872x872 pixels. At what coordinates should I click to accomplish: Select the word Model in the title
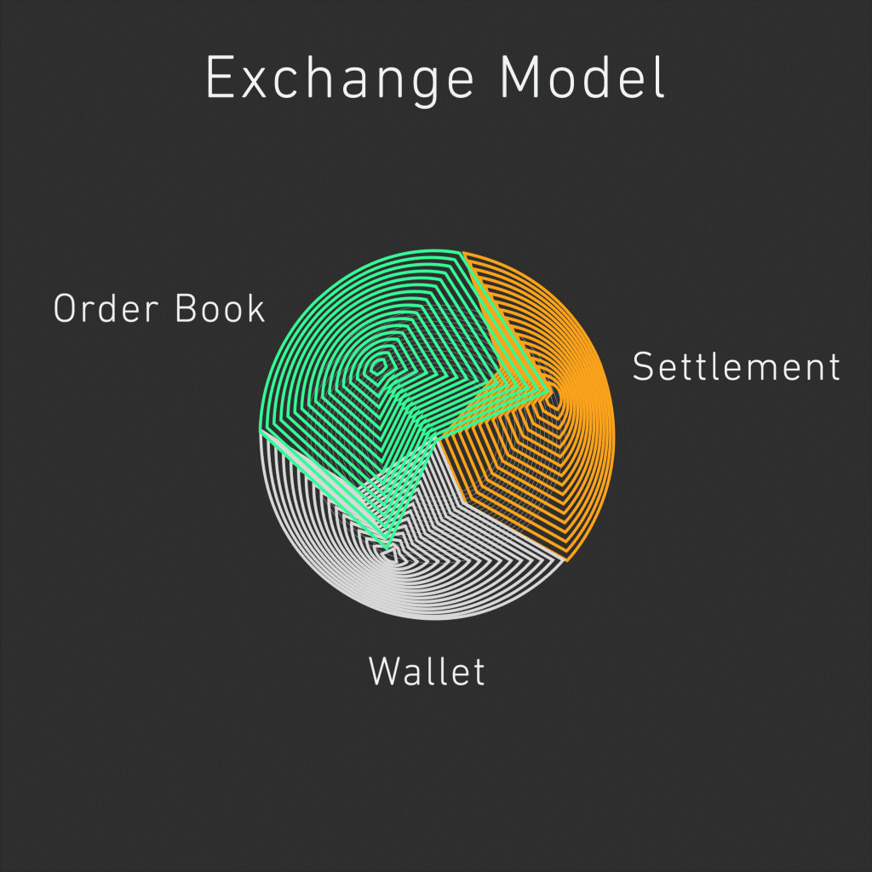582,79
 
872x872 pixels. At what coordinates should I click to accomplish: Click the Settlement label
736,367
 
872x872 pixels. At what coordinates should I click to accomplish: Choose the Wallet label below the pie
427,672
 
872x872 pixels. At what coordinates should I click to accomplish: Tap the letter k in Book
256,308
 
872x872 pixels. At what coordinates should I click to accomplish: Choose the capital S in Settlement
645,367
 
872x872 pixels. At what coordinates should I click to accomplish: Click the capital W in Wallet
385,672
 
